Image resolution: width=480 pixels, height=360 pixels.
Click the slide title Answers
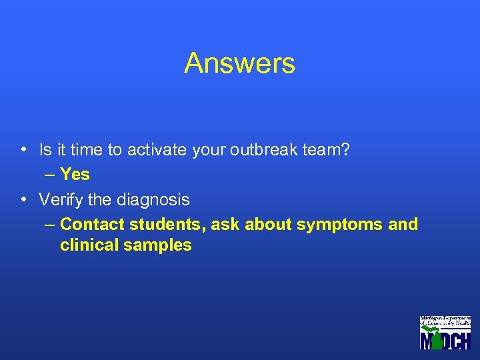239,64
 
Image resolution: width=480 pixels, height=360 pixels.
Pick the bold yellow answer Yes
75,175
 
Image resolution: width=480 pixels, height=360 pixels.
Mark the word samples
159,246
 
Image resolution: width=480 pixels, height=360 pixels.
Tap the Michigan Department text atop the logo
445,319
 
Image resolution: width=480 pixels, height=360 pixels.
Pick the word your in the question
210,151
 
